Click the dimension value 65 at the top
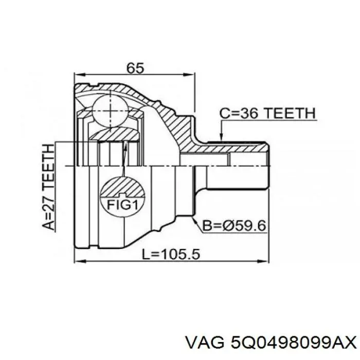point(135,68)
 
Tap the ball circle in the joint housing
point(110,109)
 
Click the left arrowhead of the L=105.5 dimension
point(78,261)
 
